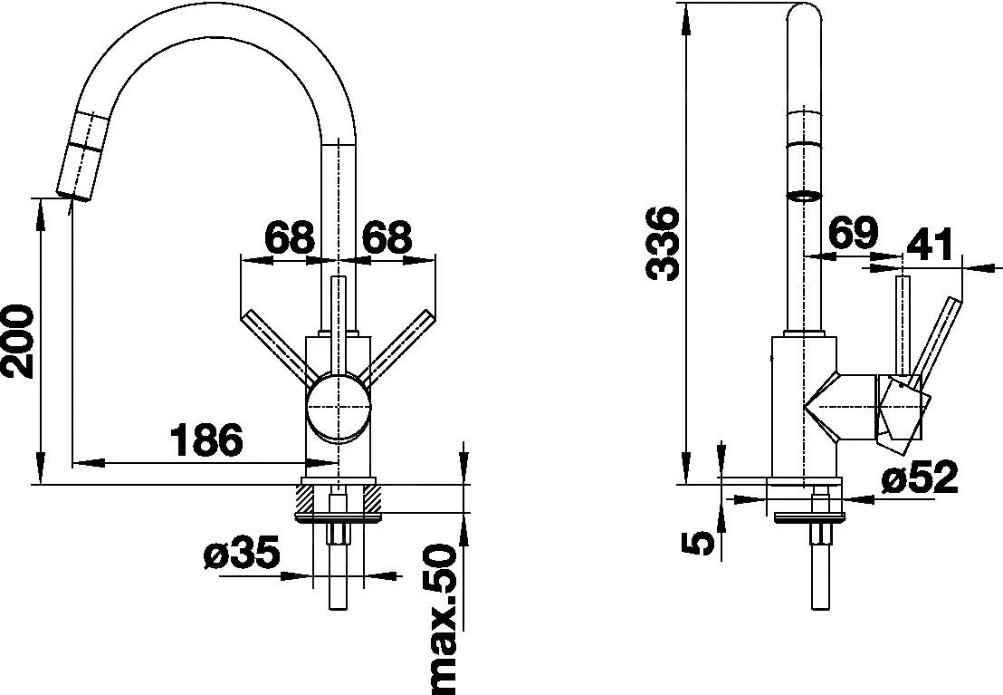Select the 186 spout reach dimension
click(x=207, y=441)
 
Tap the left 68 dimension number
click(x=289, y=238)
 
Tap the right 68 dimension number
click(x=387, y=238)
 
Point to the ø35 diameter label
click(x=242, y=554)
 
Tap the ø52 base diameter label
click(x=920, y=478)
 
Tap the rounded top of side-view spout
click(x=803, y=20)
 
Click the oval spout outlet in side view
click(x=803, y=194)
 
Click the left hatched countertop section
click(x=305, y=497)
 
